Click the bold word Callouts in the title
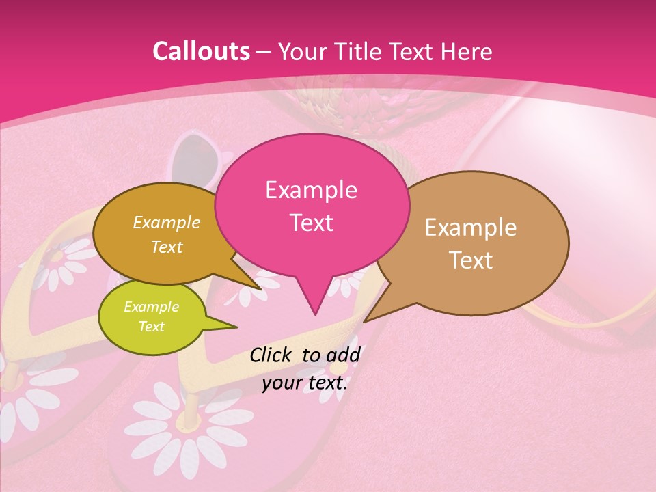point(201,51)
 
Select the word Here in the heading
point(467,51)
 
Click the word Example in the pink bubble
point(311,190)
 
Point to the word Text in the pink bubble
point(311,222)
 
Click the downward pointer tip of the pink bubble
point(315,313)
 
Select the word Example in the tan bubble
point(471,228)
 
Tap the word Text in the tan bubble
point(471,260)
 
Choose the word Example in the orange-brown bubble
point(166,222)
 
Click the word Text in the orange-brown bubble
point(166,247)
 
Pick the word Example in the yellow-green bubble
point(151,307)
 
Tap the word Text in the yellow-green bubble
point(151,327)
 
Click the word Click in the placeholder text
point(273,355)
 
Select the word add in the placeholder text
point(342,355)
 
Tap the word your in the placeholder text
point(282,383)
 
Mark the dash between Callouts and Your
point(263,52)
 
